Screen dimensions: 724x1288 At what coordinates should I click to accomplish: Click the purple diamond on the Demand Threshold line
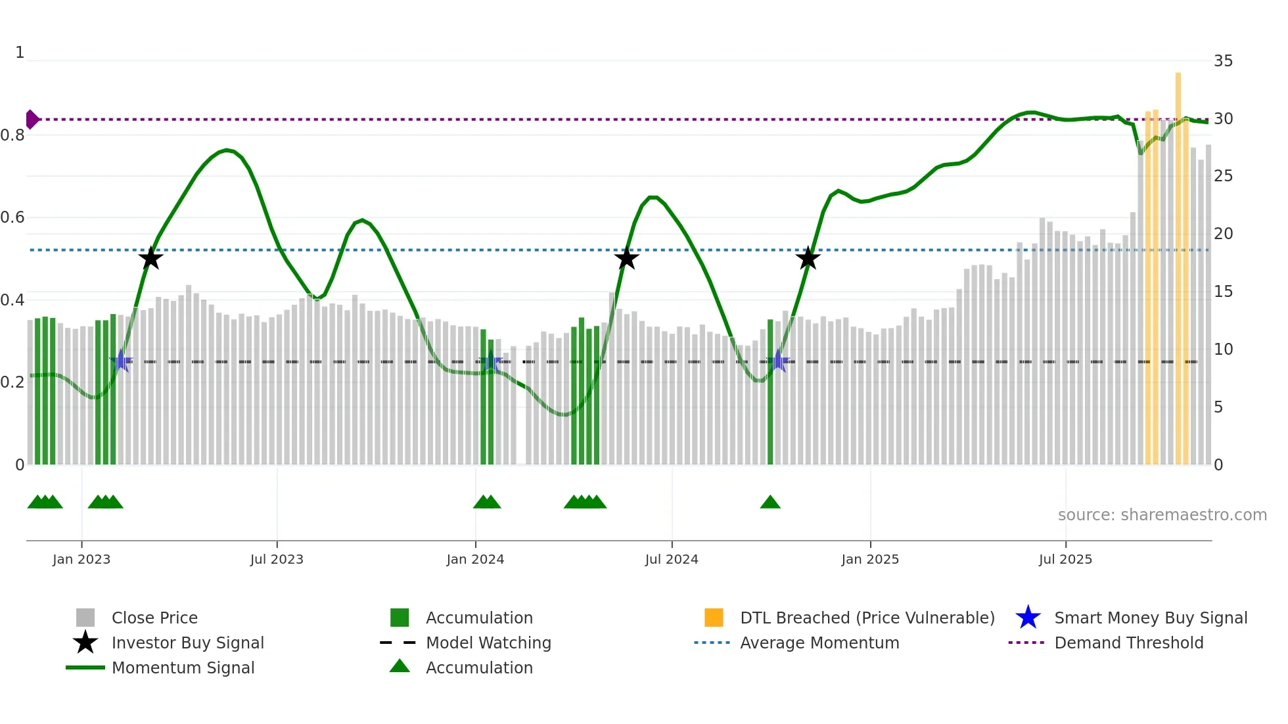pyautogui.click(x=32, y=120)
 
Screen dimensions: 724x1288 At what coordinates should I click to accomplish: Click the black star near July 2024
pyautogui.click(x=626, y=258)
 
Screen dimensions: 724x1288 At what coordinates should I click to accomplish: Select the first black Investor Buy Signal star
pyautogui.click(x=150, y=258)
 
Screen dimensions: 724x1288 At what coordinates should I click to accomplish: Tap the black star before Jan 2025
pyautogui.click(x=808, y=258)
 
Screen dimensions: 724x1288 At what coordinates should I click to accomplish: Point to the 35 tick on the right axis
pyautogui.click(x=1223, y=61)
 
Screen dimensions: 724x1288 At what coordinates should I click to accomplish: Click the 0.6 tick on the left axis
pyautogui.click(x=12, y=217)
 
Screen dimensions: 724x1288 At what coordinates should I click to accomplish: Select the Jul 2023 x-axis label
pyautogui.click(x=277, y=560)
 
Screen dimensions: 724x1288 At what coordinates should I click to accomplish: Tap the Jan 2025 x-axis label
pyautogui.click(x=870, y=560)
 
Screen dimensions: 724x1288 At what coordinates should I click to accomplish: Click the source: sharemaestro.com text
pyautogui.click(x=1162, y=515)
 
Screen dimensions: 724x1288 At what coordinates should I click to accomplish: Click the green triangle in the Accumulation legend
pyautogui.click(x=400, y=667)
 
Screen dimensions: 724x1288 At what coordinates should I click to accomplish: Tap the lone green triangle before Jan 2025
pyautogui.click(x=770, y=503)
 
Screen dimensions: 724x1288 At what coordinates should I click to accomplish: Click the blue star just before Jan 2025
pyautogui.click(x=778, y=361)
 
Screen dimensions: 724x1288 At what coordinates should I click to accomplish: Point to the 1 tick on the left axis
pyautogui.click(x=20, y=53)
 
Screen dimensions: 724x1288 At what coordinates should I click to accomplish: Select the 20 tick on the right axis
pyautogui.click(x=1223, y=234)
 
